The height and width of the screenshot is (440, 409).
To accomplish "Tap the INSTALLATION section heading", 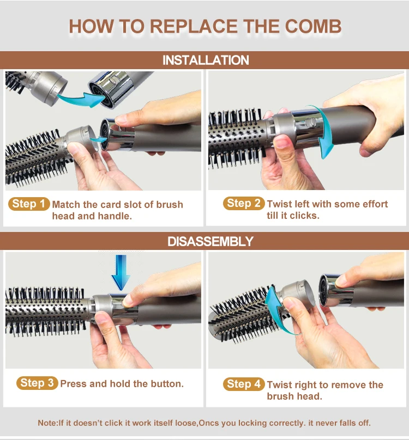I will [x=205, y=60].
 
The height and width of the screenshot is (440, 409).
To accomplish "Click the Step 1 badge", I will [x=28, y=204].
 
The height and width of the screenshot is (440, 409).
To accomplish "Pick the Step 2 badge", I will [x=244, y=204].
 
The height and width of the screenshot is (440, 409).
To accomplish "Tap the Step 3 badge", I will [x=37, y=383].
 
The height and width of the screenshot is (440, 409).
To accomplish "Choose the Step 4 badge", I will [x=244, y=384].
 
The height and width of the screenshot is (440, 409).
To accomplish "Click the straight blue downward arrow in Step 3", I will [x=121, y=276].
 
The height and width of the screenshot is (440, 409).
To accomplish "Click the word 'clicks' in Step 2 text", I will [x=306, y=215].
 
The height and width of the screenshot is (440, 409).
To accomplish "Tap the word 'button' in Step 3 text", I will [x=166, y=384].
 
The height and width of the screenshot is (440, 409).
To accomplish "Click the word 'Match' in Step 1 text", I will [x=67, y=205].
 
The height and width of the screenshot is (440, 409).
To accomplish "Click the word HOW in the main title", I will [x=90, y=27].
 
